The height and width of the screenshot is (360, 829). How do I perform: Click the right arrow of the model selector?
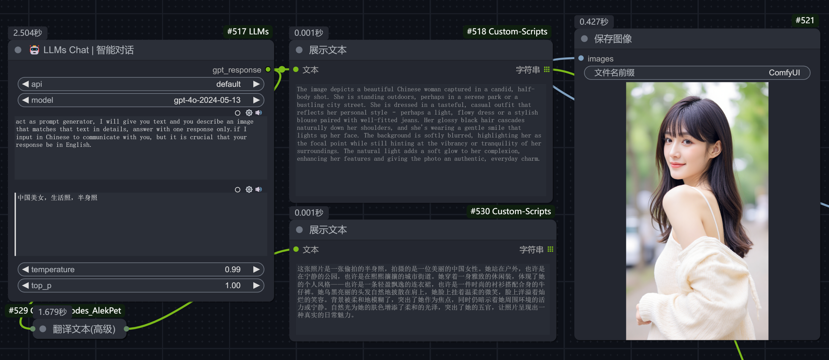(x=256, y=100)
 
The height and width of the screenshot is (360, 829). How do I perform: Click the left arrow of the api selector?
(x=25, y=84)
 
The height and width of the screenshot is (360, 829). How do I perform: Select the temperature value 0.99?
(x=232, y=269)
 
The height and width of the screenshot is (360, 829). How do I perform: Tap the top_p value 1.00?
(x=233, y=285)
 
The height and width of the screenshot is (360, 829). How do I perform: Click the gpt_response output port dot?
(x=268, y=69)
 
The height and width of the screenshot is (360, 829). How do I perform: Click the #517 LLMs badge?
(x=248, y=32)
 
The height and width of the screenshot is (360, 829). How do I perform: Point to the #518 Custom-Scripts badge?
(x=507, y=32)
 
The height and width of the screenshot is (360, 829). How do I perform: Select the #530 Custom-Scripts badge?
(x=510, y=211)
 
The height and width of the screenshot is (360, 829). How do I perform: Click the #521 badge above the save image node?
(x=805, y=20)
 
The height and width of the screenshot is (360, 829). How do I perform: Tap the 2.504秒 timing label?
(x=28, y=33)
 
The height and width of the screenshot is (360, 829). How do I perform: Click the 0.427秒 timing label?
(x=594, y=22)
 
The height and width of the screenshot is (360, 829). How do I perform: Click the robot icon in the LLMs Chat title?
(x=34, y=50)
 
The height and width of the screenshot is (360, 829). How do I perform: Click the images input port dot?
(x=581, y=58)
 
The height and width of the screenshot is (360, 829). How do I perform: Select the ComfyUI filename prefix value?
(x=784, y=73)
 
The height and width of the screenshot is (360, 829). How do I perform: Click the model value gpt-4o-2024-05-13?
(x=207, y=100)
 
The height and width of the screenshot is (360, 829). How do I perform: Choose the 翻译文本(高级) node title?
(x=84, y=329)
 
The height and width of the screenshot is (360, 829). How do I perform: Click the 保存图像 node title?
(x=613, y=39)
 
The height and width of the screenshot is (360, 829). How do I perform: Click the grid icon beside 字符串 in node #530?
(x=550, y=249)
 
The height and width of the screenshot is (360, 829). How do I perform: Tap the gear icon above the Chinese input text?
(x=249, y=189)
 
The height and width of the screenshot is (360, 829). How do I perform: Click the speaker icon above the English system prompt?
(x=259, y=112)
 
